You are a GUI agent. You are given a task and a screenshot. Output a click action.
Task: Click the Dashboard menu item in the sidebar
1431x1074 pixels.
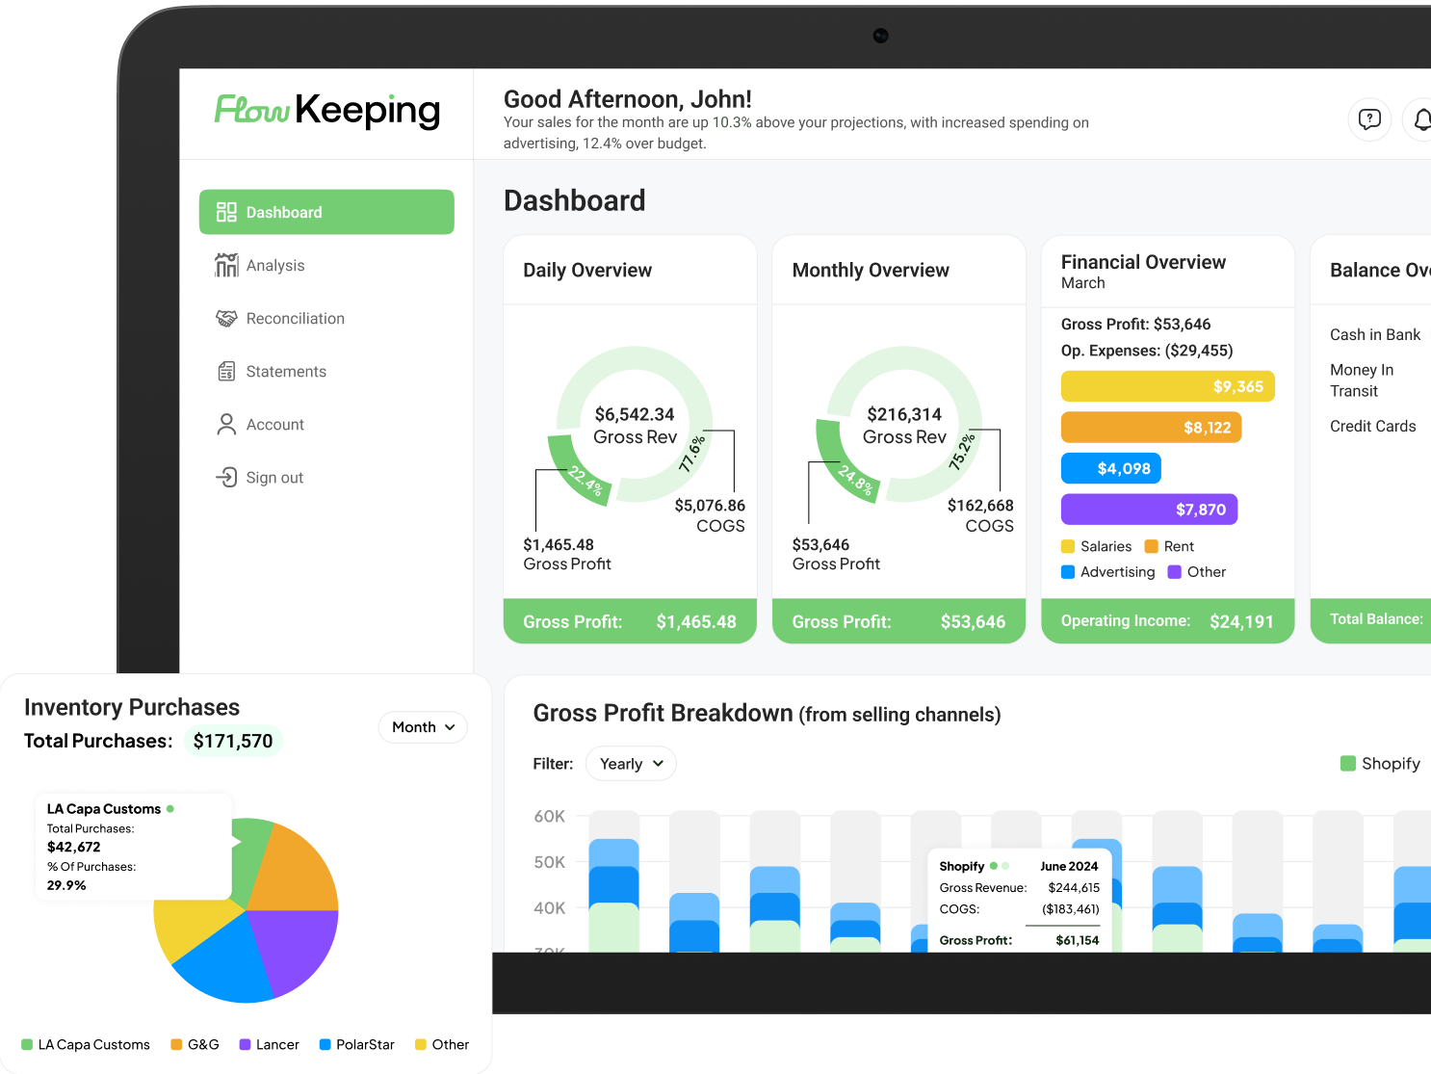click(x=325, y=212)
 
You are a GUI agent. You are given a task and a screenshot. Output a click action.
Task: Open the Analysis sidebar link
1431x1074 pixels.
click(x=274, y=266)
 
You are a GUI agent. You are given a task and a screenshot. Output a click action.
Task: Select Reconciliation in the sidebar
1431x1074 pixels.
click(x=294, y=319)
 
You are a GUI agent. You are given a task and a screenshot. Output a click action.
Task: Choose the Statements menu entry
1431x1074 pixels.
click(x=285, y=372)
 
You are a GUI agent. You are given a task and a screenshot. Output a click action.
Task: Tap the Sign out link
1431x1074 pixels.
click(x=273, y=478)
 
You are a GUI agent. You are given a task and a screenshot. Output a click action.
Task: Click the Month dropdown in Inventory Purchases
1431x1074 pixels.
click(x=423, y=727)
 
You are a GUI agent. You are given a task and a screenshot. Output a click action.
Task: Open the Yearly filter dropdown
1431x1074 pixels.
click(x=631, y=764)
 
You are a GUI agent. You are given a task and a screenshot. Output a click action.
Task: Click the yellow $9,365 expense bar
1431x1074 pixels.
click(x=1167, y=386)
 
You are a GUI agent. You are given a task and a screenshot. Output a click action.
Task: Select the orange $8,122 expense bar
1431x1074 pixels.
click(x=1151, y=428)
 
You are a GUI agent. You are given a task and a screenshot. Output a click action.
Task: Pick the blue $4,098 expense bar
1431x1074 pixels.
click(x=1110, y=469)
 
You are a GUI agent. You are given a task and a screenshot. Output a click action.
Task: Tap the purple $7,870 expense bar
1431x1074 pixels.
click(x=1149, y=510)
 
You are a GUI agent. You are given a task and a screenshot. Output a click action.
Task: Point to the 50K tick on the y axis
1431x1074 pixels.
click(x=550, y=862)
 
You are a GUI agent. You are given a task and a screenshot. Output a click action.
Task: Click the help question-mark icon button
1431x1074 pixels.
click(x=1368, y=119)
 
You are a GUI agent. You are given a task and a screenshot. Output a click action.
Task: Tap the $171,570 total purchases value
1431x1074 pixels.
click(x=233, y=741)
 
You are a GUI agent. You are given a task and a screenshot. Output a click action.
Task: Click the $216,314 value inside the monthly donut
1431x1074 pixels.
click(x=904, y=414)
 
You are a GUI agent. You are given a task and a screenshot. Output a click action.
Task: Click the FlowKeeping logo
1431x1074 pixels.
click(x=327, y=111)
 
